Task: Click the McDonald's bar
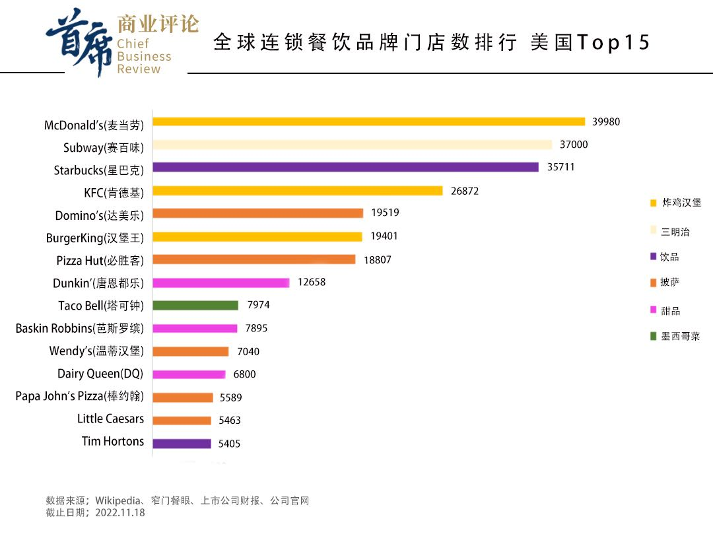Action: point(368,121)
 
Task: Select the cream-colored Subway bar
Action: point(352,145)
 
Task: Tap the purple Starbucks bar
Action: point(345,168)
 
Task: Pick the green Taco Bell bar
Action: point(195,305)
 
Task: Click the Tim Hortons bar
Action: point(182,444)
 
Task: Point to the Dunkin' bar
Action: point(221,283)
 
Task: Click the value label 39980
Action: point(606,121)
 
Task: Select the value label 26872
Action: point(464,191)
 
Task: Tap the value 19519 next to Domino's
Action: point(385,213)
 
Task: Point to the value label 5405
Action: point(229,444)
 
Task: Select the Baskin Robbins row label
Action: point(79,328)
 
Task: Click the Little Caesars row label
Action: point(110,419)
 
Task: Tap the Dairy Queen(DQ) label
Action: point(100,374)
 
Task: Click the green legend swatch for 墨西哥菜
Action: point(653,336)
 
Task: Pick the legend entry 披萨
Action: point(669,283)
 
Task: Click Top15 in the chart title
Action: point(614,43)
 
